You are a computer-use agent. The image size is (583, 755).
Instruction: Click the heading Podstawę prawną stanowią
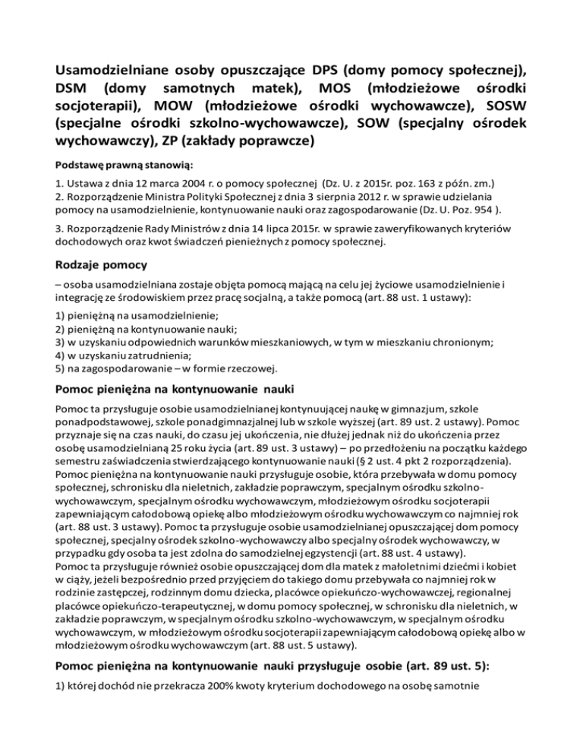tap(125, 165)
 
